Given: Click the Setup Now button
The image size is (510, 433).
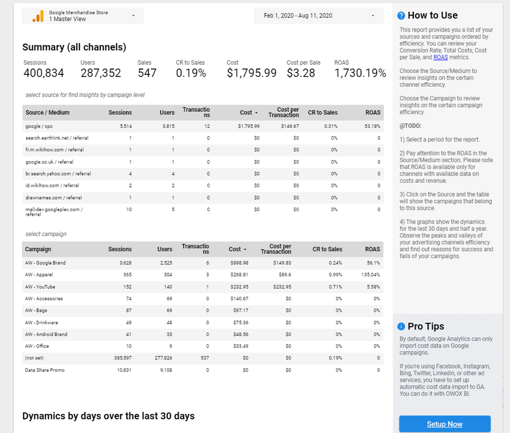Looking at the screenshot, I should [x=445, y=424].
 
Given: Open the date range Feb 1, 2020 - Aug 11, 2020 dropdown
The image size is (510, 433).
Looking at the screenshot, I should [x=319, y=15].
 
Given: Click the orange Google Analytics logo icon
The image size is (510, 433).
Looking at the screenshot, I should [x=38, y=16].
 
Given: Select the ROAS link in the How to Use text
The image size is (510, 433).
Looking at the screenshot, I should [x=441, y=57].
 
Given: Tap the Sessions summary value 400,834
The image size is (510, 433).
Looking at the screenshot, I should [x=44, y=73].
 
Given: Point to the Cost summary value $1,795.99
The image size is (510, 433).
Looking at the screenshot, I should [x=252, y=73].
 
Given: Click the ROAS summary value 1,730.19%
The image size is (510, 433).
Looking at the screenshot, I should [x=360, y=73].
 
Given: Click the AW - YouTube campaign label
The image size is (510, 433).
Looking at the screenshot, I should [x=40, y=287].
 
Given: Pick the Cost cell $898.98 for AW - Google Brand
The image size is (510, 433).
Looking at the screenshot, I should [x=239, y=263].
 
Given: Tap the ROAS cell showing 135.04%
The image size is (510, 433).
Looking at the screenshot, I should [x=370, y=275].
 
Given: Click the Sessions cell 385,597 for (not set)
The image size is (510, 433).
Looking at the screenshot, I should [x=122, y=358].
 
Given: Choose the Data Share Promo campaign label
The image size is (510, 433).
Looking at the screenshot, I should [x=45, y=370].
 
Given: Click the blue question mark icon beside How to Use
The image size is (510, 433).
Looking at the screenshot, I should [x=401, y=16].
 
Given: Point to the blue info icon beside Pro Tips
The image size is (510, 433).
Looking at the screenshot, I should [x=401, y=327].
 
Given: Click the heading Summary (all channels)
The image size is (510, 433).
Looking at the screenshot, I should [x=74, y=47].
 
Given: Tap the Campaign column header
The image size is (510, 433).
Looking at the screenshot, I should [x=38, y=249].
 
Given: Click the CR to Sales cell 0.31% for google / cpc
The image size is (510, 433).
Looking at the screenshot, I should [x=331, y=126].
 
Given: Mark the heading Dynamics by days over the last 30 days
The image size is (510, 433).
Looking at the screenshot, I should [x=109, y=416].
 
